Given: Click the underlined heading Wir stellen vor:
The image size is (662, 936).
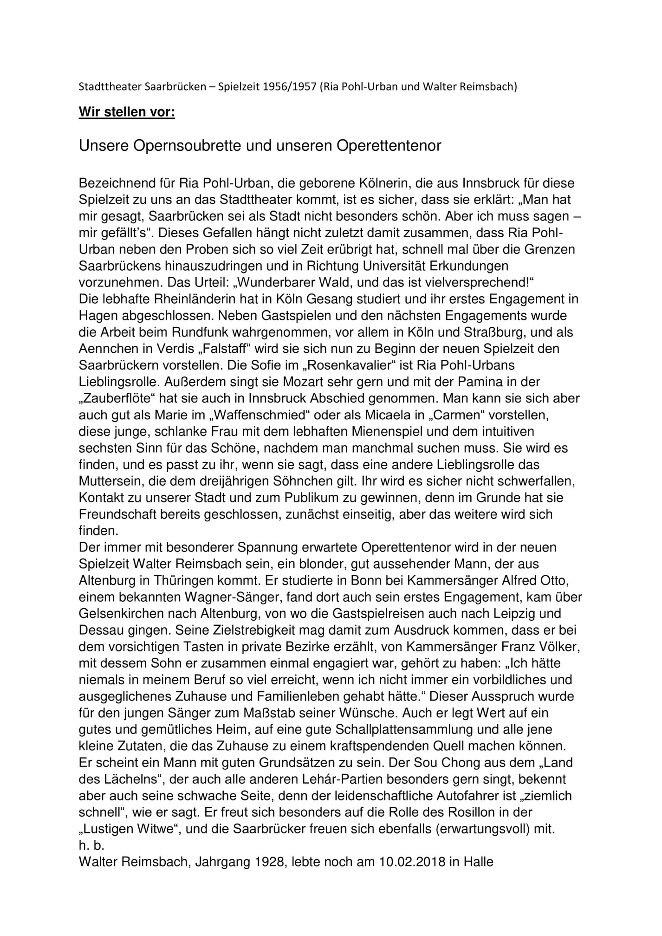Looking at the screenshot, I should tap(127, 112).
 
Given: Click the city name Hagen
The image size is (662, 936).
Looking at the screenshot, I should tap(98, 316).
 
